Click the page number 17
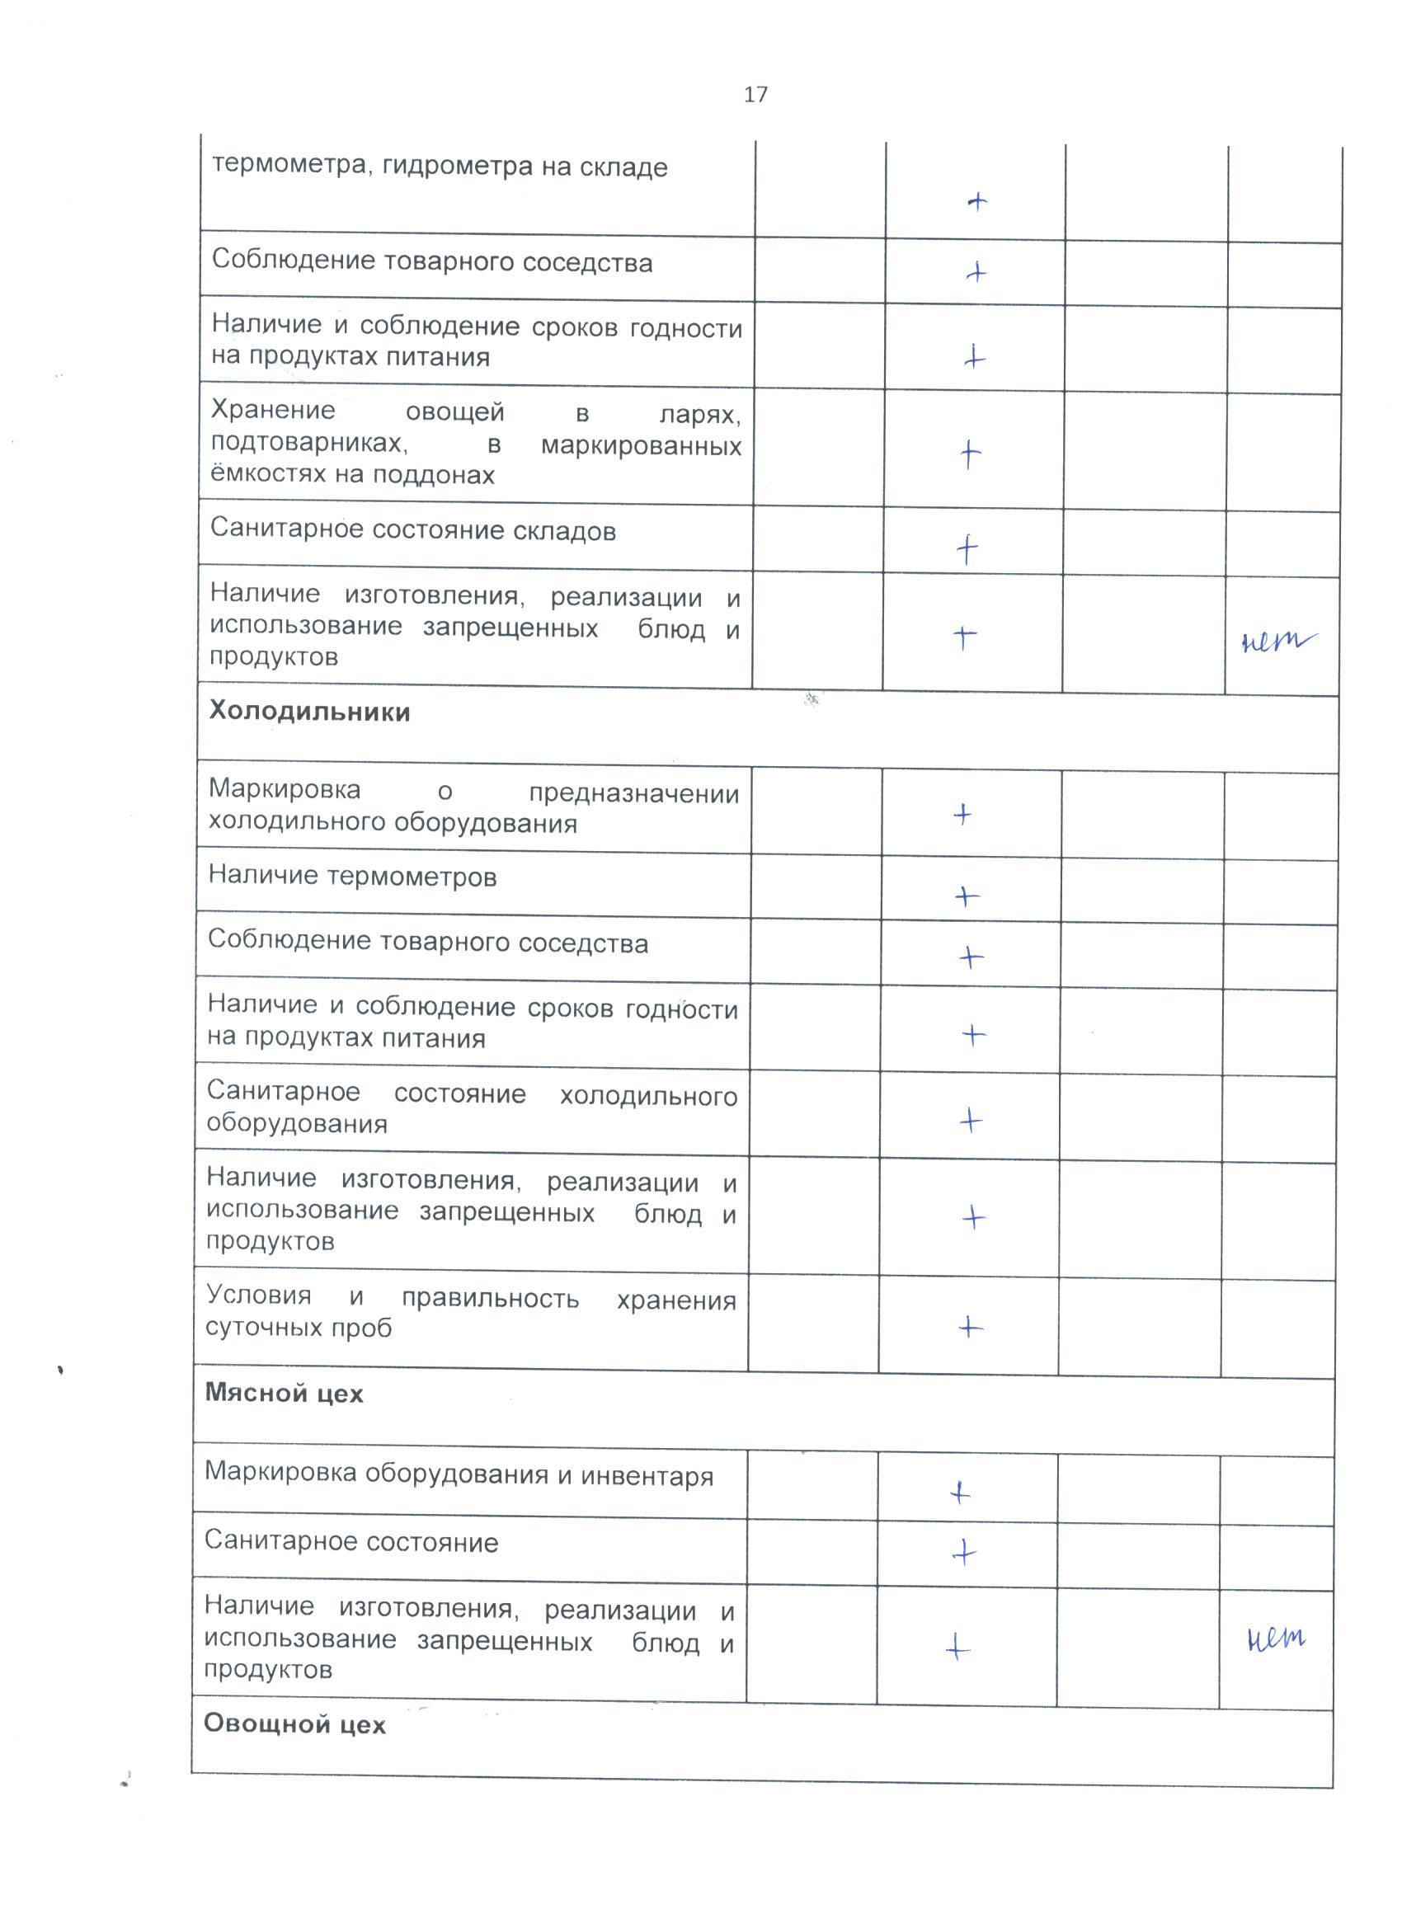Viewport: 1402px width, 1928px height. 755,94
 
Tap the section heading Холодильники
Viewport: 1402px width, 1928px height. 309,712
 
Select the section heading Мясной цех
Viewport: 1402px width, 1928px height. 284,1394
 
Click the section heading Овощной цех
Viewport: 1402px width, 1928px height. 294,1724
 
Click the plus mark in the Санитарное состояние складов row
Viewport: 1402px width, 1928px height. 967,550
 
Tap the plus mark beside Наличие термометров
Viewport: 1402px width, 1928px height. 967,896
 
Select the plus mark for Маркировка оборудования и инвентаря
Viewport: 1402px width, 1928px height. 960,1492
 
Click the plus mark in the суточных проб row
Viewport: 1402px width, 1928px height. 970,1327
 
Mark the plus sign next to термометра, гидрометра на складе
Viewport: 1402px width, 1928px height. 978,201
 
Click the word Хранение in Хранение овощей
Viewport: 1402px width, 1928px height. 273,411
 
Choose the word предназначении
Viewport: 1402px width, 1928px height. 633,794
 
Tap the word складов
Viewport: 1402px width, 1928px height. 565,531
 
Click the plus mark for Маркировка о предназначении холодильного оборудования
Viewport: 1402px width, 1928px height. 962,815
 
